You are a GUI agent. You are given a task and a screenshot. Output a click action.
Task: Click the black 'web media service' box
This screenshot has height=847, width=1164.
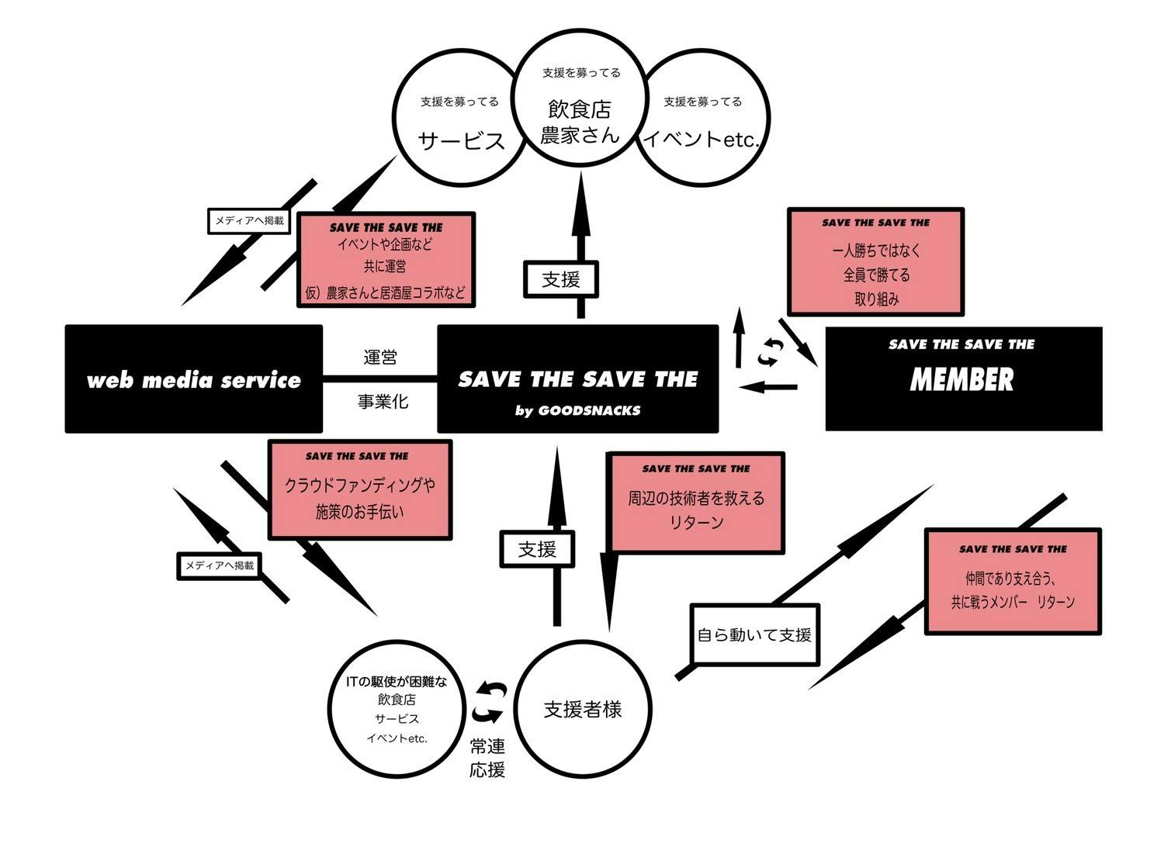tap(193, 379)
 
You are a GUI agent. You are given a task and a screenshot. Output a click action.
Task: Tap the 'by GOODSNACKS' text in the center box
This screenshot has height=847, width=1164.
tap(577, 410)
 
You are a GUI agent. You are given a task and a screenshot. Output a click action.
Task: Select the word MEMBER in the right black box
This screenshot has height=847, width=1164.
tap(961, 380)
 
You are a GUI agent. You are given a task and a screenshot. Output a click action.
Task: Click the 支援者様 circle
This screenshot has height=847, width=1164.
tap(583, 709)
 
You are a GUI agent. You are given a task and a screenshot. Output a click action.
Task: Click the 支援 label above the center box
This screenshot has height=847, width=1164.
tap(561, 279)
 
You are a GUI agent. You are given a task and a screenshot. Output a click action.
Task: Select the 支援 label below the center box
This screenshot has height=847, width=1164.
tap(537, 549)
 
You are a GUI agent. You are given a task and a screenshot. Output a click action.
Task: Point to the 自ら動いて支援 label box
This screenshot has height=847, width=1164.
tap(754, 635)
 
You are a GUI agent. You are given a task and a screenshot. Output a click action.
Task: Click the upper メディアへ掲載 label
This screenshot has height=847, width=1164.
tap(249, 221)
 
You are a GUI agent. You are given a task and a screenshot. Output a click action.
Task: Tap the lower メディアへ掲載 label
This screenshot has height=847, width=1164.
tap(219, 566)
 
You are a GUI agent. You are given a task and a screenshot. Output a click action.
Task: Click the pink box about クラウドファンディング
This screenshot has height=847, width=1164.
tap(360, 490)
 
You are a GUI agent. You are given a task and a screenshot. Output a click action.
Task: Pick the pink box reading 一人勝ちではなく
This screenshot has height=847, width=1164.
tap(875, 262)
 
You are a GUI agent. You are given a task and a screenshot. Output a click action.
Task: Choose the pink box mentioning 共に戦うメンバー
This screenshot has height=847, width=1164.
tap(1013, 582)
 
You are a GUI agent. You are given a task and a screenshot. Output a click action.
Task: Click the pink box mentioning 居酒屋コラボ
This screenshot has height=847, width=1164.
tap(386, 260)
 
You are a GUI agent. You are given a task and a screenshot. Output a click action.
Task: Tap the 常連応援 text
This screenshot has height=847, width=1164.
tap(487, 758)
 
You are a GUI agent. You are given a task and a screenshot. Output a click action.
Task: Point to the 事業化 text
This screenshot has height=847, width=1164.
tap(383, 402)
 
